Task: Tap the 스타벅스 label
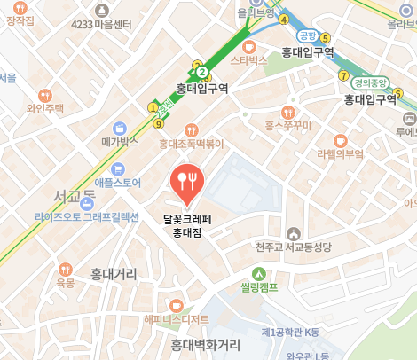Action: pos(248,60)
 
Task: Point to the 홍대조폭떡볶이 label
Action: pos(192,142)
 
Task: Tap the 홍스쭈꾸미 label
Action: pos(287,126)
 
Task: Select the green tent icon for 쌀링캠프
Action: pos(258,273)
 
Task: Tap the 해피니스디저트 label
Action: pos(177,319)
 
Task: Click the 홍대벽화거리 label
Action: pos(206,344)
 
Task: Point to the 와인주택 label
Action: pos(45,108)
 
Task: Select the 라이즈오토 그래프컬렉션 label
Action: pos(87,216)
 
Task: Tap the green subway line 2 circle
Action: pos(202,72)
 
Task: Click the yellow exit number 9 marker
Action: pos(158,122)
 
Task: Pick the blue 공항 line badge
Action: pos(307,35)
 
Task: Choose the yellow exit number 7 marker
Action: pos(343,75)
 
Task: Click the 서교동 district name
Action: pos(75,196)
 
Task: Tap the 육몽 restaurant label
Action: pos(66,282)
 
